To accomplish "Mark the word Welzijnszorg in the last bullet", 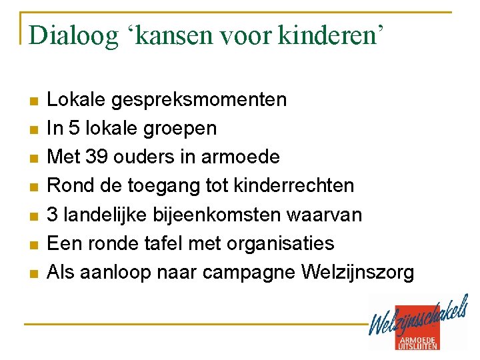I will pos(358,272).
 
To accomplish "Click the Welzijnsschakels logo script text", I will pos(418,319).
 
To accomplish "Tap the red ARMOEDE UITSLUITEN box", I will pos(419,341).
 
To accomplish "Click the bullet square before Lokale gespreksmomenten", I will pos(33,101).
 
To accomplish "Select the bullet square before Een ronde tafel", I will pos(33,245).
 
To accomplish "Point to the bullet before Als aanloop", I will pos(33,273).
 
